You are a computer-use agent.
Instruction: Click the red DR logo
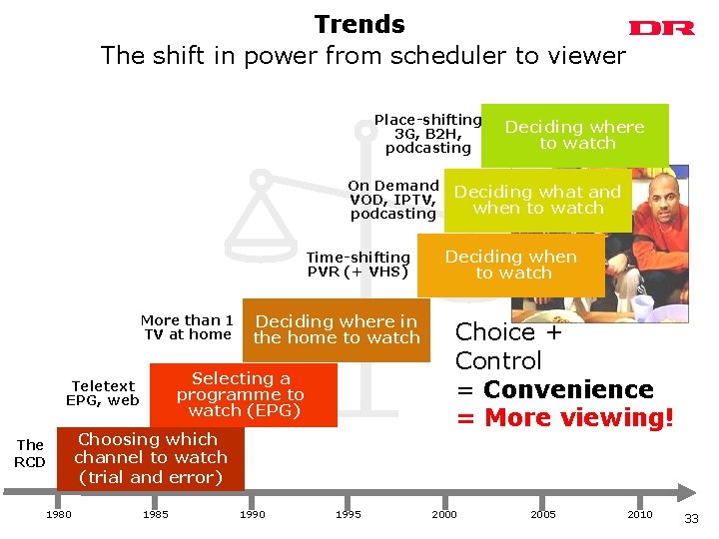[x=661, y=29]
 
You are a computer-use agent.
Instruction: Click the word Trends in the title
[x=359, y=25]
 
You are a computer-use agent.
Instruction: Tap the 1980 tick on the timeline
[x=58, y=514]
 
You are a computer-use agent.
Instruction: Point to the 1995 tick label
[x=348, y=514]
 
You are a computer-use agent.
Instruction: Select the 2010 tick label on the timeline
[x=639, y=514]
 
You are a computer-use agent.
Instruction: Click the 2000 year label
[x=444, y=514]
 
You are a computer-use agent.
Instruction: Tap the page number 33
[x=692, y=518]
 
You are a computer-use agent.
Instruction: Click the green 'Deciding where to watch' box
[x=574, y=135]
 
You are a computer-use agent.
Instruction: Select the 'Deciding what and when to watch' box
[x=538, y=200]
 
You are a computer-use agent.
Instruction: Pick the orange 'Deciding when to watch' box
[x=510, y=265]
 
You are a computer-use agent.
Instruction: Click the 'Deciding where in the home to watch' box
[x=337, y=329]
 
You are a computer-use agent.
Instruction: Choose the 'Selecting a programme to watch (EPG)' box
[x=241, y=394]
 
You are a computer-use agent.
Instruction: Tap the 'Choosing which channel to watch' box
[x=150, y=458]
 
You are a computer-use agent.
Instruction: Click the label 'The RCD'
[x=30, y=453]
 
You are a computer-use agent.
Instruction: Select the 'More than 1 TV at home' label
[x=187, y=327]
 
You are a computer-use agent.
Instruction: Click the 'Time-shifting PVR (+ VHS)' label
[x=358, y=265]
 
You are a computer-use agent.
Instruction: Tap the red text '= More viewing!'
[x=565, y=418]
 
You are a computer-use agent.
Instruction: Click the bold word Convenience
[x=568, y=389]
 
